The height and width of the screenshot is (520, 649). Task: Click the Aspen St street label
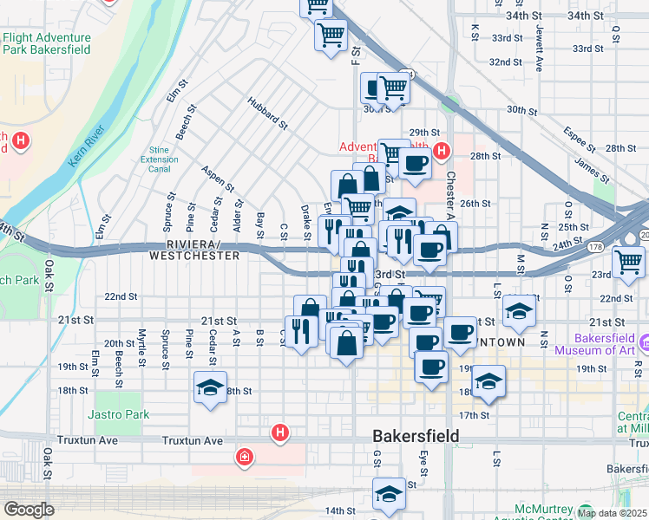click(218, 179)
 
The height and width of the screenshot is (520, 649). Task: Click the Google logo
click(29, 510)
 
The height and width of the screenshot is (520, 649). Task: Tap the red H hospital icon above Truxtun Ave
click(279, 431)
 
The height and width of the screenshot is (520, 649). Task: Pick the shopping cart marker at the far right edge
click(628, 260)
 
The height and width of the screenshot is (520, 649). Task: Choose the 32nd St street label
click(505, 62)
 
